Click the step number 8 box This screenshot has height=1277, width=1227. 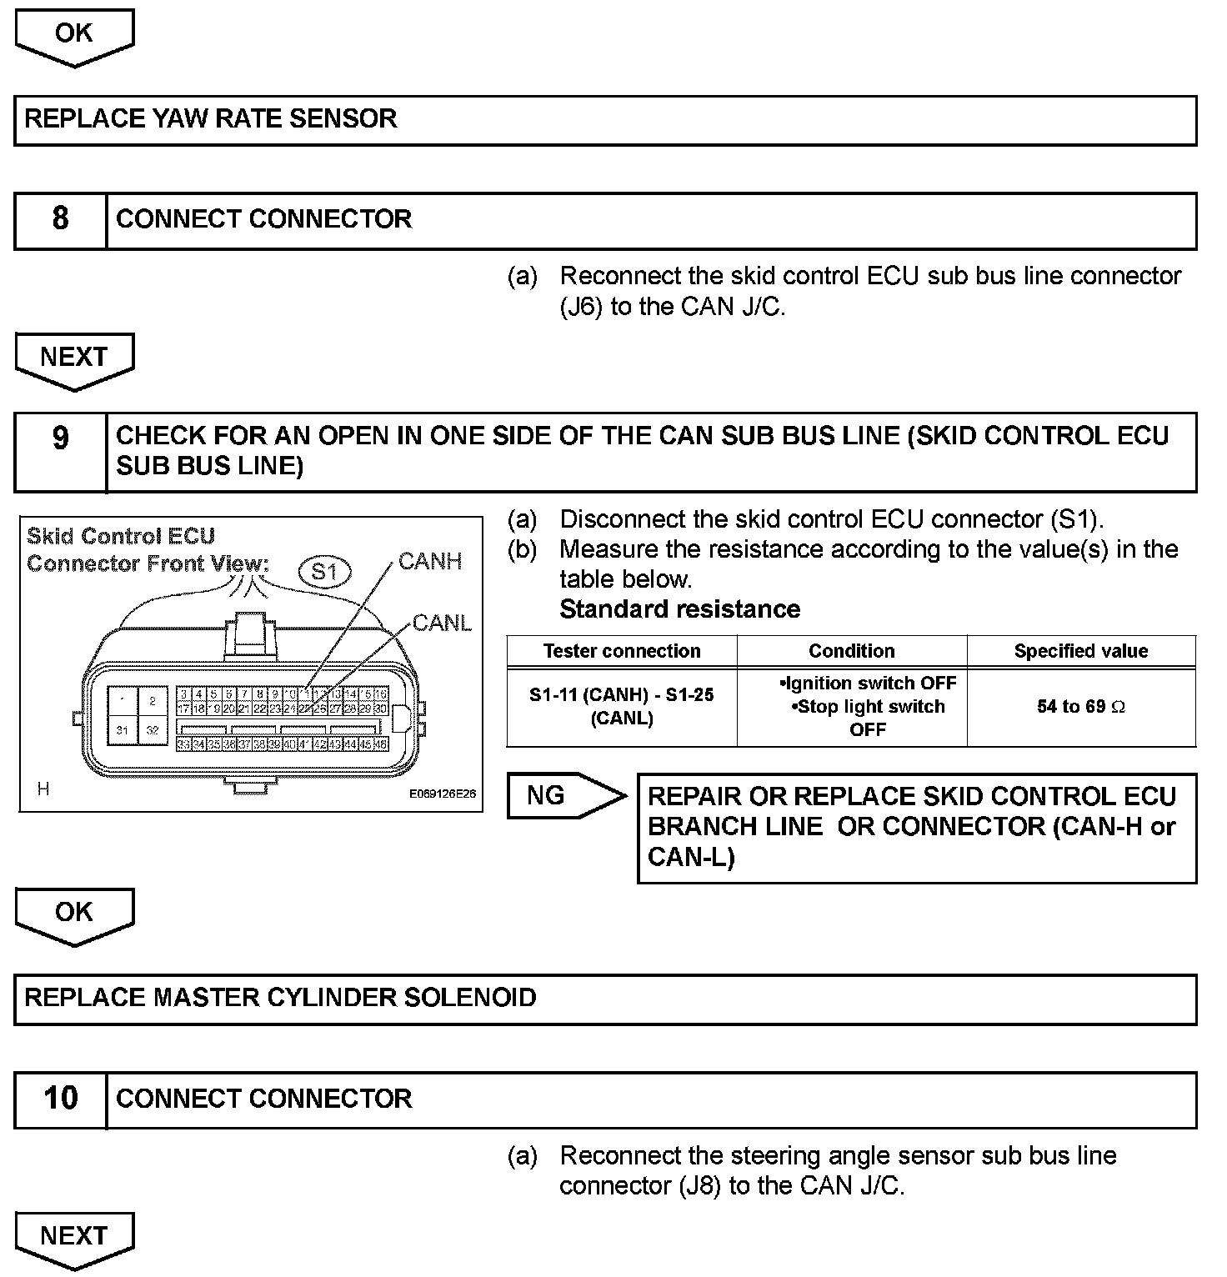tap(60, 219)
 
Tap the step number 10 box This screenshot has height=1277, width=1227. tap(60, 1099)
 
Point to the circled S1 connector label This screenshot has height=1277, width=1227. tap(324, 571)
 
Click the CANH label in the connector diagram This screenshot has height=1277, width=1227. tap(430, 561)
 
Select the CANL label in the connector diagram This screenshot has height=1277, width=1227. tap(442, 622)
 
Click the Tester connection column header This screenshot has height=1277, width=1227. tap(622, 651)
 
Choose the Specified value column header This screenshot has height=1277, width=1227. tap(1080, 651)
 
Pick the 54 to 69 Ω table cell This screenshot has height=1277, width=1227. tap(1080, 707)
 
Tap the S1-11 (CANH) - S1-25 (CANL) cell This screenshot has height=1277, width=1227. tap(622, 706)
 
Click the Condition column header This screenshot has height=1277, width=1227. tap(851, 651)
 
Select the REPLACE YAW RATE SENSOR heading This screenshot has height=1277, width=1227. tap(211, 118)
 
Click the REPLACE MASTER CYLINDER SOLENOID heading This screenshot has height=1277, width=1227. tap(280, 998)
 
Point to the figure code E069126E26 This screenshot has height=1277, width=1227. tap(442, 794)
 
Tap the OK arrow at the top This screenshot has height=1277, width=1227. tap(74, 35)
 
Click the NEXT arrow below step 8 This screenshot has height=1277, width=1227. tap(74, 358)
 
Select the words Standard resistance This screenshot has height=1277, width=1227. tap(679, 609)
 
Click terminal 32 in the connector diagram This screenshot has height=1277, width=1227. tap(153, 729)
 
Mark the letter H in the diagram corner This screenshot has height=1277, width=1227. tap(43, 789)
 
